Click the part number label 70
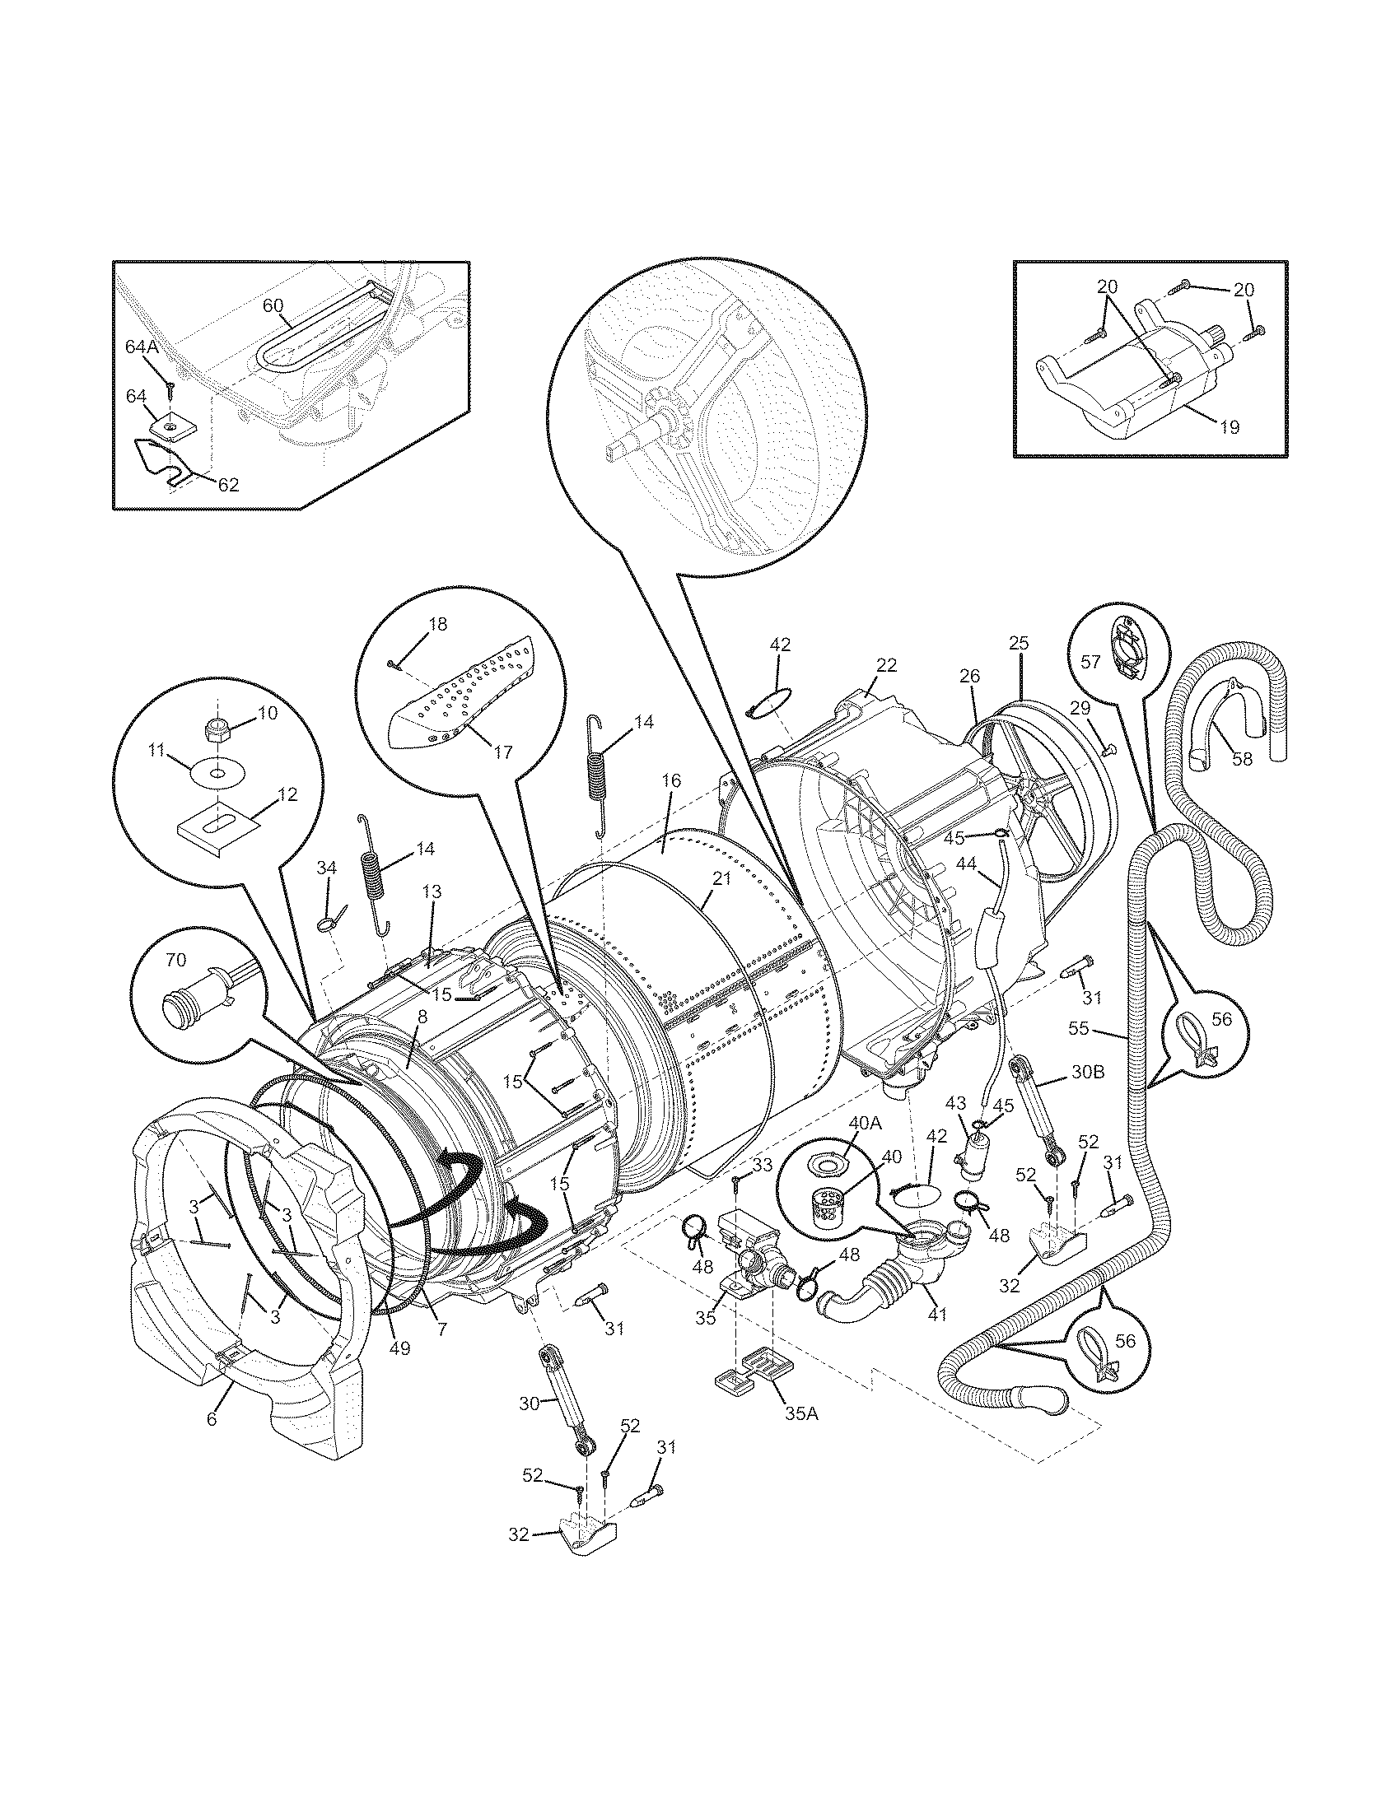point(176,959)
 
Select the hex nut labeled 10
point(217,729)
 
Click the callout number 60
point(273,305)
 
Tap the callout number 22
point(887,665)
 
